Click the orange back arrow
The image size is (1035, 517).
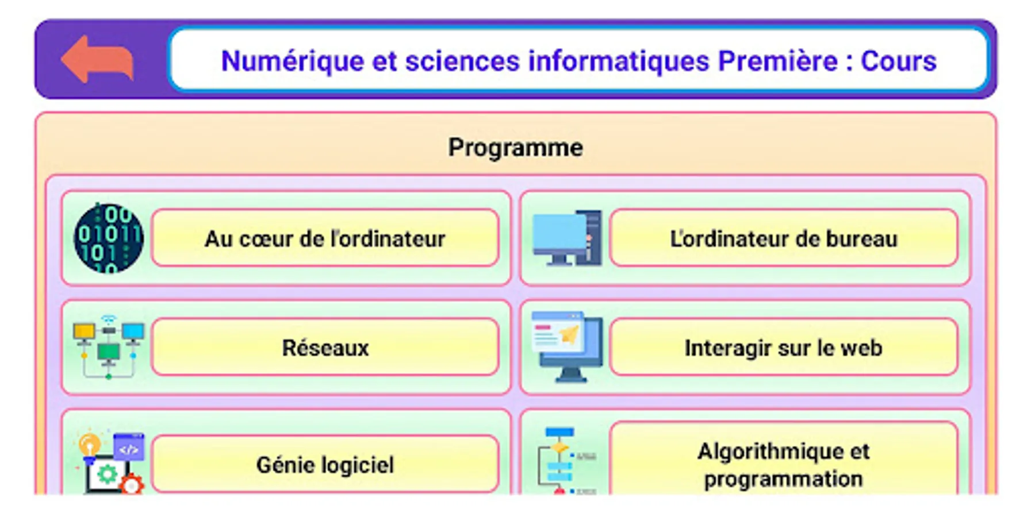tap(97, 60)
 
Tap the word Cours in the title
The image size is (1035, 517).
tap(898, 61)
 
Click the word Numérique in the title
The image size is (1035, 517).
tap(292, 61)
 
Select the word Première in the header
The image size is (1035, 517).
tap(778, 61)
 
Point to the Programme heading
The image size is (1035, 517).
tap(515, 148)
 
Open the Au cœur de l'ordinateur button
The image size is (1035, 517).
tap(325, 238)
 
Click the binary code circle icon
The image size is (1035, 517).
tap(109, 238)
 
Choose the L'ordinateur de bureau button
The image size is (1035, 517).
tap(784, 238)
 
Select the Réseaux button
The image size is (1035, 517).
tap(325, 347)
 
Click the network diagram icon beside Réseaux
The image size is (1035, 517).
tap(109, 347)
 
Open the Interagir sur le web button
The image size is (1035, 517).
tap(784, 347)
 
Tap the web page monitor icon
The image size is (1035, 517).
tap(567, 347)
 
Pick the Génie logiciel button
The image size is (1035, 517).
tap(325, 464)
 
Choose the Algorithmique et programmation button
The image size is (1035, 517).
tap(784, 460)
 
